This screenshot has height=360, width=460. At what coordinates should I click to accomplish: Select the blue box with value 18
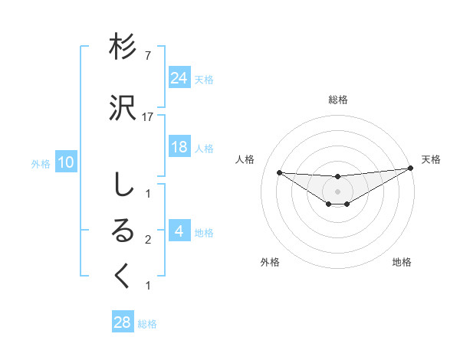(x=179, y=147)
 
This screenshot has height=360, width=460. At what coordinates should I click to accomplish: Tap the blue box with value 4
(x=179, y=232)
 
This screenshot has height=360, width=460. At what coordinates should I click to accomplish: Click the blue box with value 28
(x=123, y=322)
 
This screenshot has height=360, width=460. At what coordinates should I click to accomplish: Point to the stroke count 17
(x=148, y=117)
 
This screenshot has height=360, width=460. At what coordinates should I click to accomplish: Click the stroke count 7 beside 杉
(x=148, y=56)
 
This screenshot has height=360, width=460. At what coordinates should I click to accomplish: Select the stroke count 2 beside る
(x=148, y=240)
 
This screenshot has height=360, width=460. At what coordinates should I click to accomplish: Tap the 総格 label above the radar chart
(x=338, y=100)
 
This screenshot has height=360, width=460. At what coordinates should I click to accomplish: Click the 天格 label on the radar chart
(x=431, y=159)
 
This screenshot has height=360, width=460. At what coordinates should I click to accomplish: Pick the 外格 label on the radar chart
(x=270, y=262)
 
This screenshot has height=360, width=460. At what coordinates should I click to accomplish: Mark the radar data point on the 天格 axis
(x=410, y=169)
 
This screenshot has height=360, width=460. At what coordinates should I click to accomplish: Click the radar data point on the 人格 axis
(x=279, y=172)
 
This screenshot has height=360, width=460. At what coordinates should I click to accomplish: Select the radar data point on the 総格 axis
(x=338, y=177)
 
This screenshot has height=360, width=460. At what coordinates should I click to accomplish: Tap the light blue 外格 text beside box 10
(x=40, y=163)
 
